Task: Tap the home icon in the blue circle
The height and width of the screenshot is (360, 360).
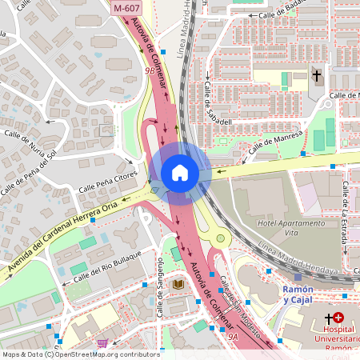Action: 179,172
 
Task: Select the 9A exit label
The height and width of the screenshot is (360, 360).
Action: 233,338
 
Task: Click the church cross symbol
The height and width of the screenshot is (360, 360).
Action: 317,77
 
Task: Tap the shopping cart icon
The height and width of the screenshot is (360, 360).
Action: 102,344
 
